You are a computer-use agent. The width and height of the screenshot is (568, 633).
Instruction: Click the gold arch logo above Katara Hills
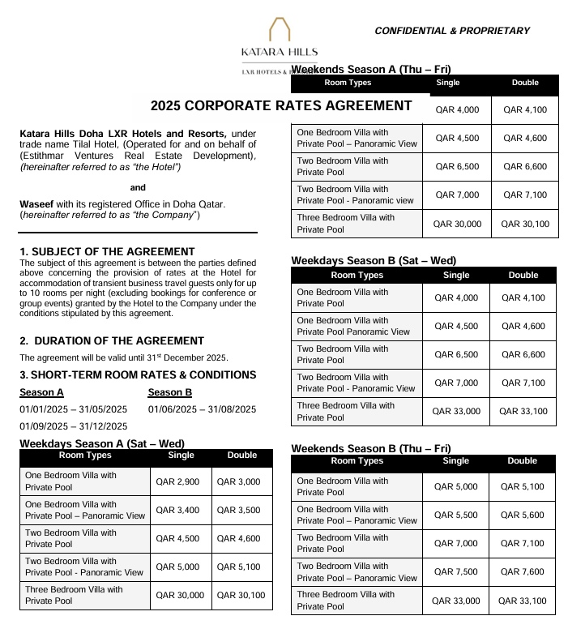pyautogui.click(x=280, y=30)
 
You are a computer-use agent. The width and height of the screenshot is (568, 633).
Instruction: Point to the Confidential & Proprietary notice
pyautogui.click(x=451, y=31)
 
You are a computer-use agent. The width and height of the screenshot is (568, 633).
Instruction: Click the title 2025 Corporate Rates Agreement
pyautogui.click(x=281, y=106)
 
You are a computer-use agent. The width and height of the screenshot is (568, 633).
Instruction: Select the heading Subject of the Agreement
pyautogui.click(x=107, y=252)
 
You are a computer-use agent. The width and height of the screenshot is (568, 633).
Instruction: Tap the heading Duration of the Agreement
pyautogui.click(x=112, y=341)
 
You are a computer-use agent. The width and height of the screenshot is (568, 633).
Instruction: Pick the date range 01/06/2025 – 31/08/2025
pyautogui.click(x=202, y=409)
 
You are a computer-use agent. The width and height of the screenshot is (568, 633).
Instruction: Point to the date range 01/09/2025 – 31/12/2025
pyautogui.click(x=73, y=426)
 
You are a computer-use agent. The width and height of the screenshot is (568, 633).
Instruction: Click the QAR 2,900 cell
pyautogui.click(x=176, y=481)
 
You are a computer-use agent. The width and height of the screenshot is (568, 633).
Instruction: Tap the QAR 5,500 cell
pyautogui.click(x=456, y=515)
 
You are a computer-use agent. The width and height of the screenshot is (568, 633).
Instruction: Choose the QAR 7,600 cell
pyautogui.click(x=523, y=572)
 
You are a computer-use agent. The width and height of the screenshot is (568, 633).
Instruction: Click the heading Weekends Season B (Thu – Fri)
pyautogui.click(x=371, y=448)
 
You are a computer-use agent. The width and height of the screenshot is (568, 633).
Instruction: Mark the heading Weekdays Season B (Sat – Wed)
pyautogui.click(x=374, y=261)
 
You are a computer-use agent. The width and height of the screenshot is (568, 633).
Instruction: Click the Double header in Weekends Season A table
pyautogui.click(x=525, y=83)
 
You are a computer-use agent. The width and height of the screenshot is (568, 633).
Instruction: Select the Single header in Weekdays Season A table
pyautogui.click(x=181, y=456)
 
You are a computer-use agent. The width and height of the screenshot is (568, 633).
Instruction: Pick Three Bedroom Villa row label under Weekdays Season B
pyautogui.click(x=345, y=412)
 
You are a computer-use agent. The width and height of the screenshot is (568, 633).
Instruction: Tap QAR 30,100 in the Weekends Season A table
pyautogui.click(x=525, y=224)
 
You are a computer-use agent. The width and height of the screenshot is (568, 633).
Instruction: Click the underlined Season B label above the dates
pyautogui.click(x=170, y=393)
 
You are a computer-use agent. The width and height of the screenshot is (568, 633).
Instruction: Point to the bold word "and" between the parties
pyautogui.click(x=138, y=187)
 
